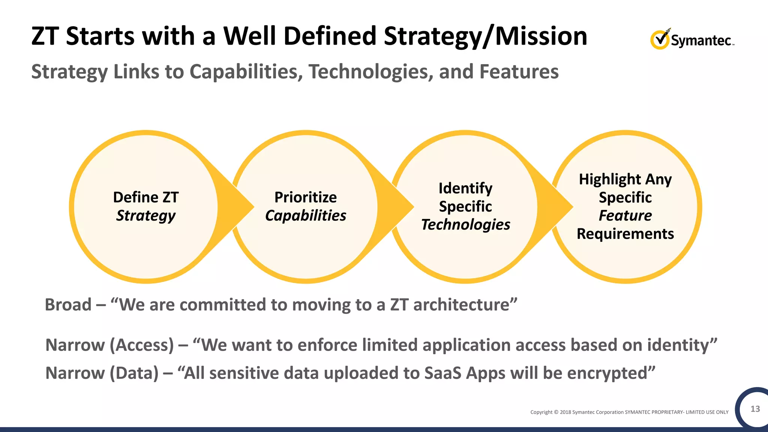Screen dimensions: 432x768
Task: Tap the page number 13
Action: (755, 409)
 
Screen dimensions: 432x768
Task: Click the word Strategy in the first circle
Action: (145, 216)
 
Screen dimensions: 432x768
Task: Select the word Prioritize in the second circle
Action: (305, 197)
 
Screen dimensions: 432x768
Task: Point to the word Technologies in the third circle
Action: (465, 225)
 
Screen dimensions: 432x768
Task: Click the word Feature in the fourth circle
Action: (625, 216)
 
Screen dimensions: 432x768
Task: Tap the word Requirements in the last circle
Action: (625, 234)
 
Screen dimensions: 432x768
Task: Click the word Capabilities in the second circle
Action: (305, 216)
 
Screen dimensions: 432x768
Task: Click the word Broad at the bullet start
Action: (68, 304)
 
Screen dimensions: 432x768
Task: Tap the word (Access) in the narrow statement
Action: (142, 345)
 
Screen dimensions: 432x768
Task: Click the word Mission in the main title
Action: (541, 36)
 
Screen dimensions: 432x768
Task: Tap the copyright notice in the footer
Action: (629, 412)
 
